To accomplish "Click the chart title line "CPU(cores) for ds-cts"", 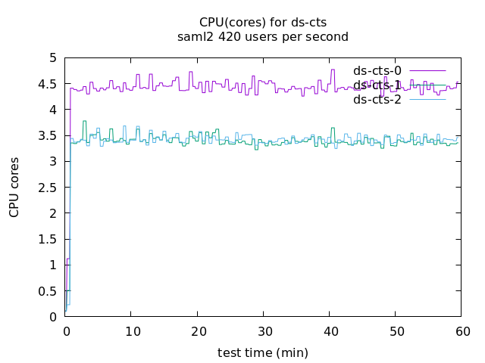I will (x=262, y=22).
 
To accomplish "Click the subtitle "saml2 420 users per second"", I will (x=262, y=36).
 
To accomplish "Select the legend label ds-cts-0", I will (x=377, y=71).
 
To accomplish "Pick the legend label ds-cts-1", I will (x=377, y=85).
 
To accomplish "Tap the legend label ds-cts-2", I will (x=377, y=99).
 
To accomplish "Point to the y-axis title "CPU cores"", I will (x=14, y=187).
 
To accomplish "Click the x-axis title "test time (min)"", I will (x=262, y=352).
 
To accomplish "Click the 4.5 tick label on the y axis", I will (x=48, y=84).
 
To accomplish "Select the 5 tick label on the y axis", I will (x=52, y=58).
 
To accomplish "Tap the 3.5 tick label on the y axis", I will (x=48, y=136).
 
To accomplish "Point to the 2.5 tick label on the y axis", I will (x=48, y=188).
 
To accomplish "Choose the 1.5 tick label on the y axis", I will (x=48, y=239).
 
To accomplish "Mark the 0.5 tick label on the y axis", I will (x=48, y=291).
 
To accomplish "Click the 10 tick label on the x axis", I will (x=131, y=331).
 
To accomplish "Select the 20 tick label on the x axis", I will (x=197, y=331).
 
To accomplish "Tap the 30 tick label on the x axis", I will (x=263, y=331).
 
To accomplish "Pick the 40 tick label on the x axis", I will (x=329, y=331).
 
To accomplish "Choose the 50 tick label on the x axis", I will (x=395, y=331).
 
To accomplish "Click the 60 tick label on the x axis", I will (x=461, y=331).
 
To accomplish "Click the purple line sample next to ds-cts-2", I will (x=427, y=99).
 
